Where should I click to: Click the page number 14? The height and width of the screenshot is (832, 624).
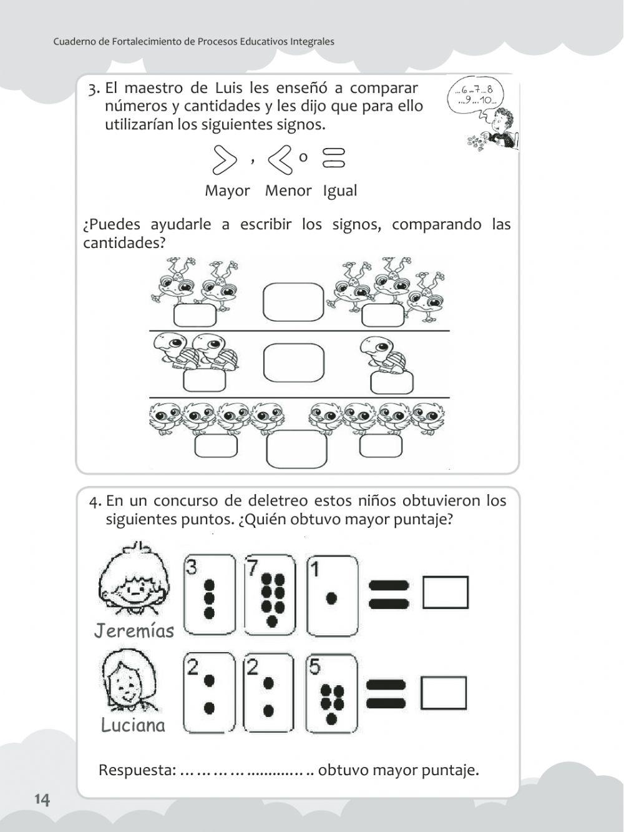pyautogui.click(x=42, y=800)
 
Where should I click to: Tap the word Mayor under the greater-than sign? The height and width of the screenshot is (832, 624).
pyautogui.click(x=227, y=191)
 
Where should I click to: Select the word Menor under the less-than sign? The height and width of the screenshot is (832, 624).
pyautogui.click(x=288, y=191)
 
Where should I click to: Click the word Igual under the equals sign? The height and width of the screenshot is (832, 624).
pyautogui.click(x=340, y=191)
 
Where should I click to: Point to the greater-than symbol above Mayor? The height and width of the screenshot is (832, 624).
pyautogui.click(x=224, y=160)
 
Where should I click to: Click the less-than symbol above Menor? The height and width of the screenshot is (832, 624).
pyautogui.click(x=280, y=160)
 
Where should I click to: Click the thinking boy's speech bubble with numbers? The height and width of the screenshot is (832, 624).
pyautogui.click(x=475, y=95)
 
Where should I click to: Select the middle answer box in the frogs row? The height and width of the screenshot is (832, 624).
pyautogui.click(x=293, y=302)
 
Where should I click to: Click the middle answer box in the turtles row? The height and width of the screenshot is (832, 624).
pyautogui.click(x=293, y=362)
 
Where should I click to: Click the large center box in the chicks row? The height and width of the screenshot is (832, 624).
pyautogui.click(x=296, y=449)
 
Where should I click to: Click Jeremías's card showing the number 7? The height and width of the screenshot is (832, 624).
pyautogui.click(x=270, y=595)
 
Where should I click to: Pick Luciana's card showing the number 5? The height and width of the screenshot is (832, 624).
pyautogui.click(x=332, y=693)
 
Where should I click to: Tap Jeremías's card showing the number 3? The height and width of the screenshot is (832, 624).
pyautogui.click(x=209, y=595)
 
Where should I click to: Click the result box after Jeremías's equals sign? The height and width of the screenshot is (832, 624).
pyautogui.click(x=445, y=592)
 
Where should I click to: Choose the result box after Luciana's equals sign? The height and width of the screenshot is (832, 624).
pyautogui.click(x=444, y=693)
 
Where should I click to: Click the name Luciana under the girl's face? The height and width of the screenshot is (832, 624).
pyautogui.click(x=133, y=725)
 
